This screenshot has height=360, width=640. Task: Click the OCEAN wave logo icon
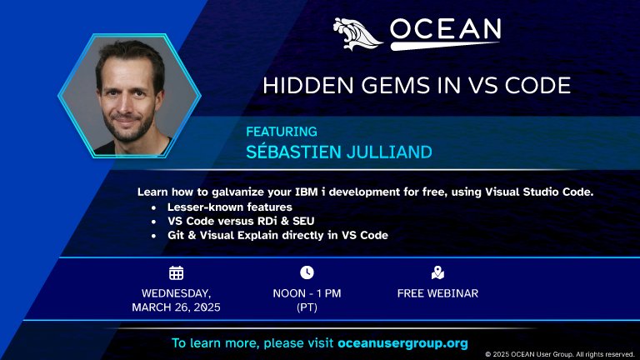[358, 33]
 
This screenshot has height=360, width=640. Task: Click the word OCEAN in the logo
[445, 31]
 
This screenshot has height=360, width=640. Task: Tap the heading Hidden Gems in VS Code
[417, 85]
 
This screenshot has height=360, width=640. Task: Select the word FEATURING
[282, 131]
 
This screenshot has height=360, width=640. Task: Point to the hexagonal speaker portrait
[128, 96]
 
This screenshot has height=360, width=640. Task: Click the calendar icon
[176, 272]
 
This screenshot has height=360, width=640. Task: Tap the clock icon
[307, 272]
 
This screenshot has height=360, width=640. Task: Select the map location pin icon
[437, 272]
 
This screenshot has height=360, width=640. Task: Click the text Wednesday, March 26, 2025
[176, 300]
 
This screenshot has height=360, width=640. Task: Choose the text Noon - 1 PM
[307, 293]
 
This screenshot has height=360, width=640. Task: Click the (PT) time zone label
[307, 307]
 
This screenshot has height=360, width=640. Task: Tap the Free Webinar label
[437, 293]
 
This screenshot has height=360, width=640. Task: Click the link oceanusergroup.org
[402, 342]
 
